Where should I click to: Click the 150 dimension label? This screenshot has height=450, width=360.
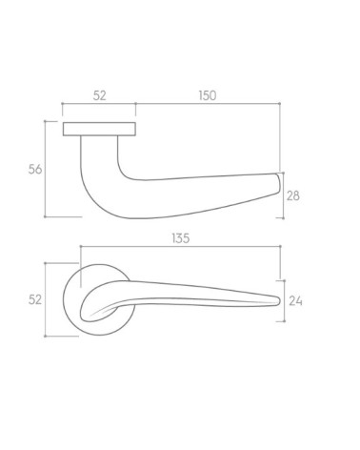208,95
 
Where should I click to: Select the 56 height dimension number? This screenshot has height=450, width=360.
35,169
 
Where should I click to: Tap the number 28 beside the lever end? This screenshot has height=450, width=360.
293,195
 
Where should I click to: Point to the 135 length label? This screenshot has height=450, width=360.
181,238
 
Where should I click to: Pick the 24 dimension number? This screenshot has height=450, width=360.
295,300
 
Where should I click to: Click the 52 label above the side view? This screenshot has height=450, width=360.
99,95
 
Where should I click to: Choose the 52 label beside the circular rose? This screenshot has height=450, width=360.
35,299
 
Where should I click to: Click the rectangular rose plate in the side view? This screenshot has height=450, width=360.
99,129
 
